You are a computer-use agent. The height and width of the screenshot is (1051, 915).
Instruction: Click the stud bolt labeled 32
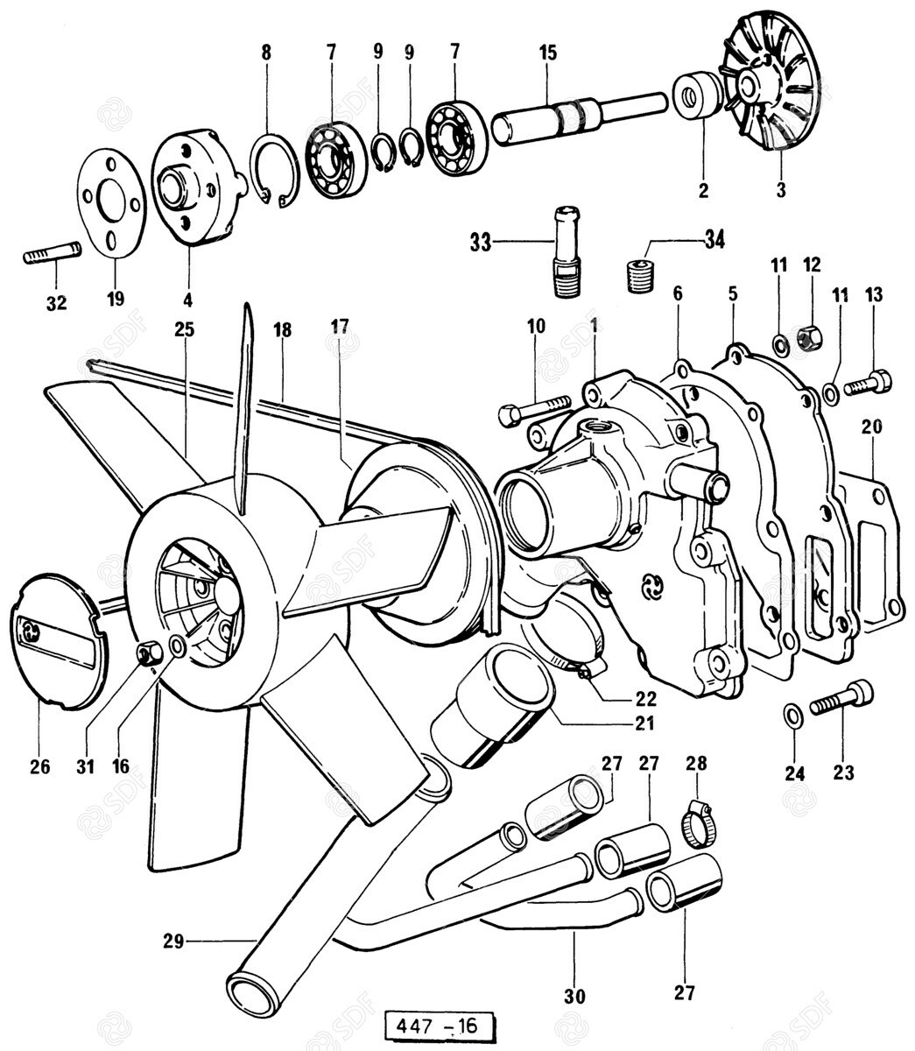click(x=51, y=254)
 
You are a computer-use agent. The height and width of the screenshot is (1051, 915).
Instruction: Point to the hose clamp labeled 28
click(x=697, y=825)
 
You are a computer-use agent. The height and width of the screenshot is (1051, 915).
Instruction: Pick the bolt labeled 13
click(x=869, y=383)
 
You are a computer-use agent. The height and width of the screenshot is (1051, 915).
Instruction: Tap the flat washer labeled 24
click(x=792, y=716)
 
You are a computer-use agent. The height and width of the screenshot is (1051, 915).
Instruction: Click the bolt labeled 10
click(x=533, y=409)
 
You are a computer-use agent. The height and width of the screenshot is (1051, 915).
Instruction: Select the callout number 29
click(x=173, y=942)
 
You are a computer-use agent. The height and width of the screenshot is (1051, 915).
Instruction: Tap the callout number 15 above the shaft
click(x=547, y=53)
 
